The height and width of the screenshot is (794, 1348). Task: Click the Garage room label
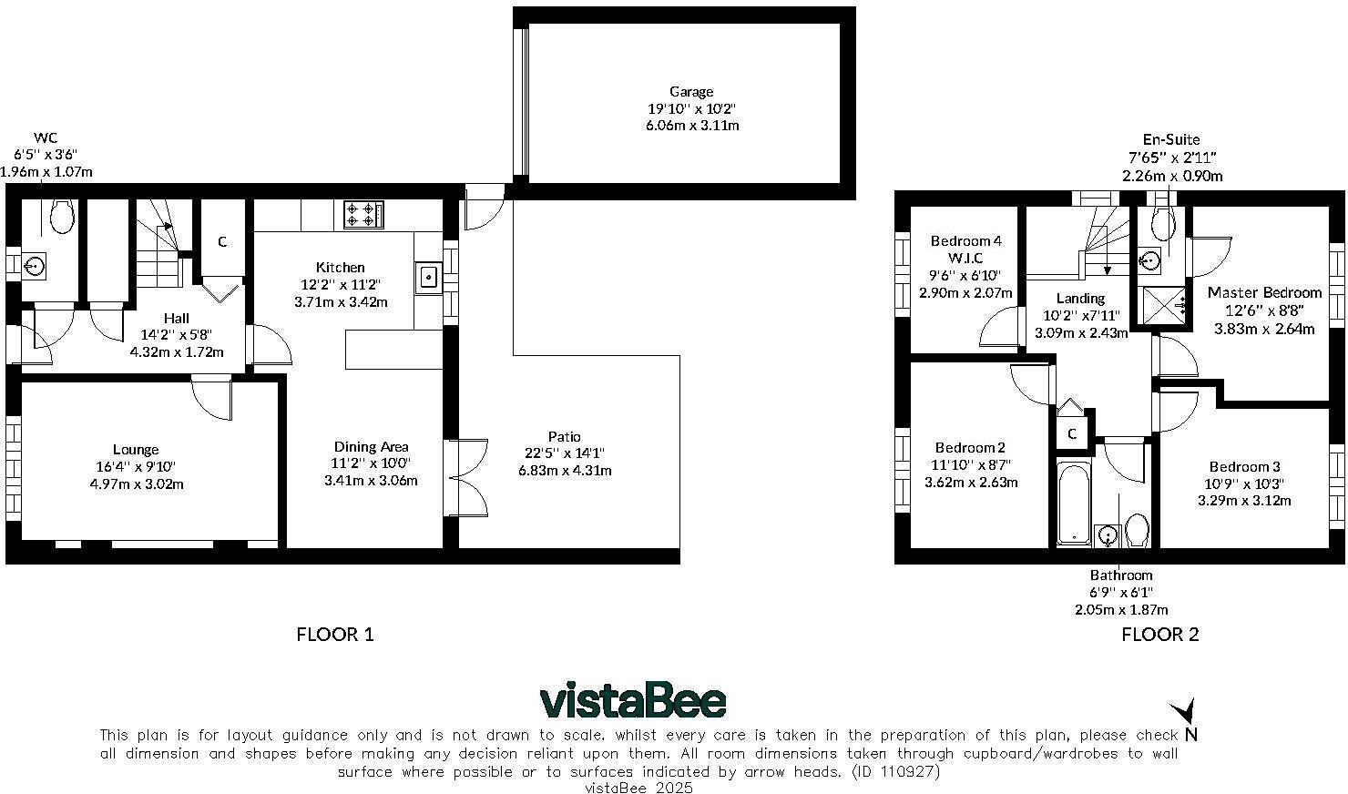click(691, 91)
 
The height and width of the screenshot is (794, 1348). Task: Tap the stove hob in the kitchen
click(363, 215)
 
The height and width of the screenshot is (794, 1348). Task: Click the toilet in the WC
click(62, 218)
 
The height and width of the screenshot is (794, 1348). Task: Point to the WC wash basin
click(36, 266)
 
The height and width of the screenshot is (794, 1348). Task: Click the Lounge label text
click(136, 449)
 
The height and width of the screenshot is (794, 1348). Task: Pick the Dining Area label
click(371, 446)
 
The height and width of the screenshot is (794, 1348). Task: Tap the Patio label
click(565, 436)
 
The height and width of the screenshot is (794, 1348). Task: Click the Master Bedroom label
click(1264, 292)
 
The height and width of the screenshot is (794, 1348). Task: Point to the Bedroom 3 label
click(1245, 466)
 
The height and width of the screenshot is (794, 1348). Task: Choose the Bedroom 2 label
click(971, 447)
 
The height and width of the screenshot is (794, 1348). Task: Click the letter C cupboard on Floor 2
click(1072, 433)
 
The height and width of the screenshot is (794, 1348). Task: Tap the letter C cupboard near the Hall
click(222, 242)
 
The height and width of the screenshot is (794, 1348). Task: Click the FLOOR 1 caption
click(335, 635)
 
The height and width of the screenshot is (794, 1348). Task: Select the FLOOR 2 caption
click(1160, 635)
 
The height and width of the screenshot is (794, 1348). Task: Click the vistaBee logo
click(633, 701)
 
